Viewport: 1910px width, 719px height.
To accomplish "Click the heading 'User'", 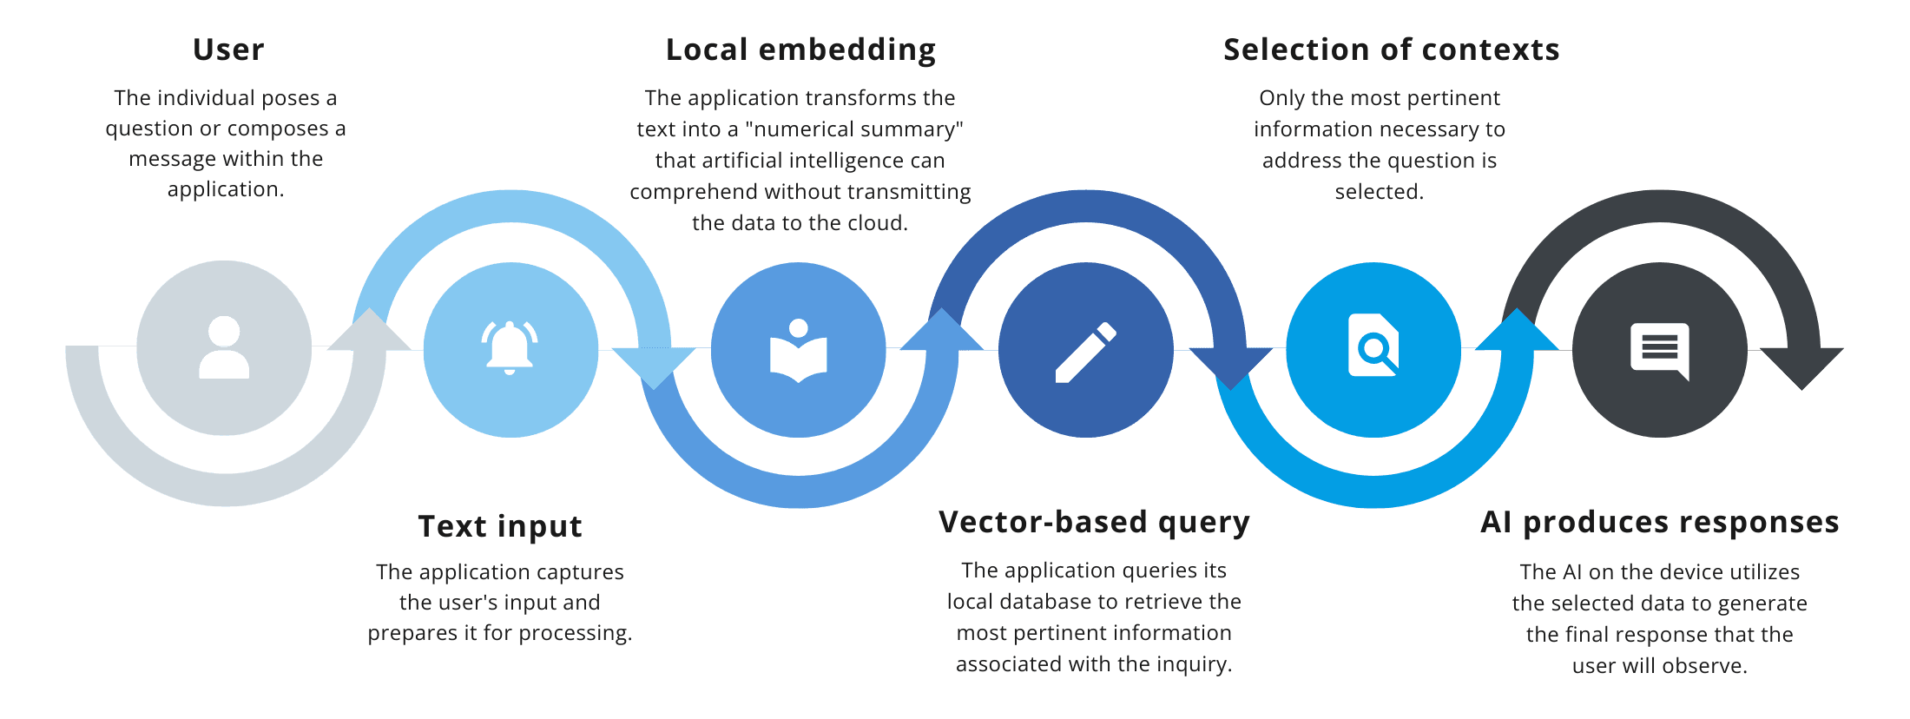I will (x=228, y=49).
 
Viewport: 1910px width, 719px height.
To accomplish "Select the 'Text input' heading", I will (x=500, y=526).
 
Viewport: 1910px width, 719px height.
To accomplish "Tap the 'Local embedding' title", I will (x=800, y=49).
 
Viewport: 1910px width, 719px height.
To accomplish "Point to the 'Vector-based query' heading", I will (x=1094, y=522).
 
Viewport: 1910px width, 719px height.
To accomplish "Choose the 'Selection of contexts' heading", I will (x=1391, y=49).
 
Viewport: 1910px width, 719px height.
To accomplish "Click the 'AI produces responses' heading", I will (x=1659, y=522).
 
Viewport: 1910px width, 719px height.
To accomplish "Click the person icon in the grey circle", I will (x=224, y=347).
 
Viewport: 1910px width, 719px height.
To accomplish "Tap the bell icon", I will (x=510, y=347).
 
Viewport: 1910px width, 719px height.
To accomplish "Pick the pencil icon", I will (x=1085, y=352).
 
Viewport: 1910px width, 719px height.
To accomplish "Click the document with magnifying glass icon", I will (x=1373, y=346).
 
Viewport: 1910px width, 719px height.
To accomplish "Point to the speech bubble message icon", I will (x=1660, y=350).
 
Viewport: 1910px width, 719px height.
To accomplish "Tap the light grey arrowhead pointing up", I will (x=370, y=332).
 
